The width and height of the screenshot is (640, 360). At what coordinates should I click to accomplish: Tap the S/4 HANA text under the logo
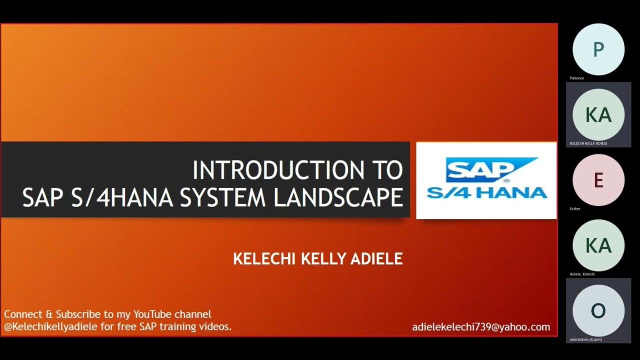point(486,192)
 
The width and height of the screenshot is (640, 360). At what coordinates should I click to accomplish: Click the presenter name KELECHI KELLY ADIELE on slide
point(318,259)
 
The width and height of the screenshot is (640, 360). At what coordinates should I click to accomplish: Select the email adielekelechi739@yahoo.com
point(481,327)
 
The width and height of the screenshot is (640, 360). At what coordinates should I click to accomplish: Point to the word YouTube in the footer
point(152,314)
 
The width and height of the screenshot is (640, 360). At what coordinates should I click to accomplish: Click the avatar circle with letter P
point(598,49)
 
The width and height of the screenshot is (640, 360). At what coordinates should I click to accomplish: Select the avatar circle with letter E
point(598,179)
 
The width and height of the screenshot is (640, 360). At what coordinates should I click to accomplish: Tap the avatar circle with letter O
point(598,310)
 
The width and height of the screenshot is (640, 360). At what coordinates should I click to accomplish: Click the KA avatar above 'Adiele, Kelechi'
point(598,245)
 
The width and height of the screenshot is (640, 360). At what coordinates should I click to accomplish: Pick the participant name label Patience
point(576,78)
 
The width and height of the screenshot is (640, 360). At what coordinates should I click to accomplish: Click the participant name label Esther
point(575,208)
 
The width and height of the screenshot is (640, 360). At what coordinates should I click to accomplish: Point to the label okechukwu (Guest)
point(585,339)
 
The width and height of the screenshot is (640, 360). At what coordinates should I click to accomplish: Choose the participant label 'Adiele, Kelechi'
point(582,274)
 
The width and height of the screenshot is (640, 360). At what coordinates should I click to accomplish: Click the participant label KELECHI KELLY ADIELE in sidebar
point(588,143)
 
